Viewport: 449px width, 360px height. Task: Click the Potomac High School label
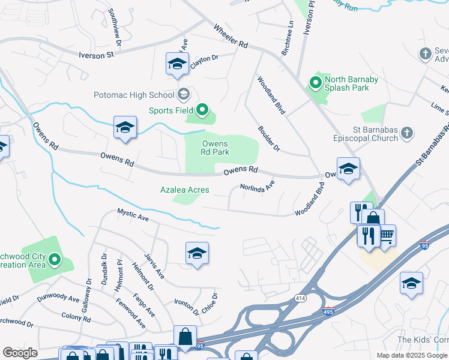(133, 95)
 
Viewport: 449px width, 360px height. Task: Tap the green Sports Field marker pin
(202, 110)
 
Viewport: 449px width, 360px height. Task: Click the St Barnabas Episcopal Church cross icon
(406, 132)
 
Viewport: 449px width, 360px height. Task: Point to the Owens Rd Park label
(215, 148)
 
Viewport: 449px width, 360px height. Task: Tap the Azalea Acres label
(184, 190)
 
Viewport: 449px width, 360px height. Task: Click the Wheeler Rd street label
(231, 36)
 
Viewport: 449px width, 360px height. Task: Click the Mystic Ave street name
(132, 214)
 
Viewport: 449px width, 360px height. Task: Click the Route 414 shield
(300, 298)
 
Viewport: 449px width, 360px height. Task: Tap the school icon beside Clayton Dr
(177, 64)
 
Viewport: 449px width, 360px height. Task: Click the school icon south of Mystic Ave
(197, 254)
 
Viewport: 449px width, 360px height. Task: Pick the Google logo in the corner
(20, 353)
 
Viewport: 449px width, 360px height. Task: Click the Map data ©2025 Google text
(411, 355)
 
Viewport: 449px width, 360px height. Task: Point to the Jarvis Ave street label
(154, 265)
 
